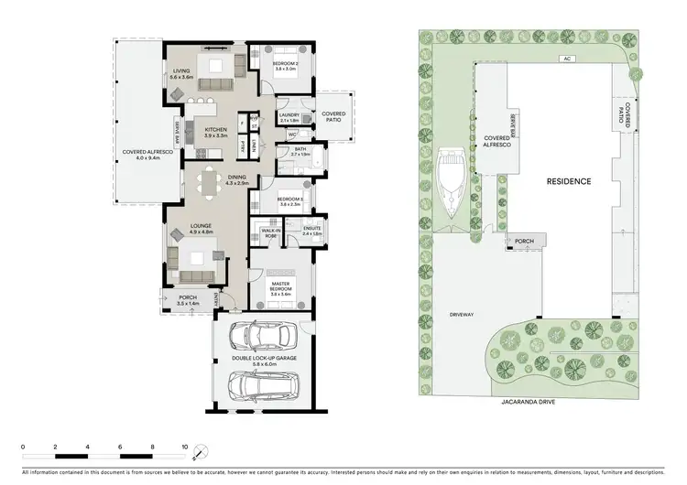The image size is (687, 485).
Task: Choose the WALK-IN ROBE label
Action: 270,233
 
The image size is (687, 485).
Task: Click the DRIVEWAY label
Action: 460,314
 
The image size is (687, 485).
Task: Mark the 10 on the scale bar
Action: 186,447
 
